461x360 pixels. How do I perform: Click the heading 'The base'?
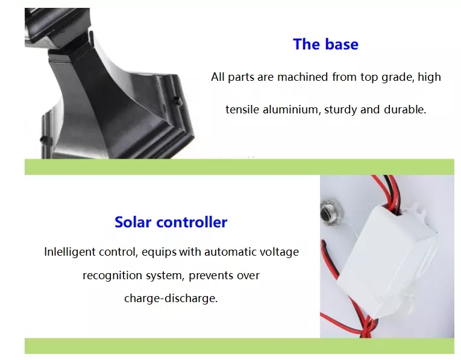tap(326, 44)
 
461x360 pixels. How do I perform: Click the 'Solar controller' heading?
tap(171, 222)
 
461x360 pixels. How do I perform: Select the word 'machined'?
tap(303, 77)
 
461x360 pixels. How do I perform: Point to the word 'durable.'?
tap(405, 109)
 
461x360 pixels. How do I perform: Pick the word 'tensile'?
tap(242, 109)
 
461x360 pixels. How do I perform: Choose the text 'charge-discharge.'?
tap(171, 298)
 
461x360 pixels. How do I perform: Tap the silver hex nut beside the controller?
tap(331, 212)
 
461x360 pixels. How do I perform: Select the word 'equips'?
tap(159, 252)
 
